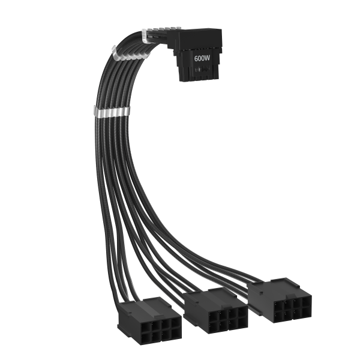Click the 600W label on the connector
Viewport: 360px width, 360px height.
(x=202, y=58)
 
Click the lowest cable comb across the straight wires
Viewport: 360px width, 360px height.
(x=112, y=112)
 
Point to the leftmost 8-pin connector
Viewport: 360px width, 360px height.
(x=149, y=322)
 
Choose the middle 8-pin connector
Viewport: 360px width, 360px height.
(x=215, y=310)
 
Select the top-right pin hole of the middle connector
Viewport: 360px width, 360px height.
(x=242, y=312)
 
